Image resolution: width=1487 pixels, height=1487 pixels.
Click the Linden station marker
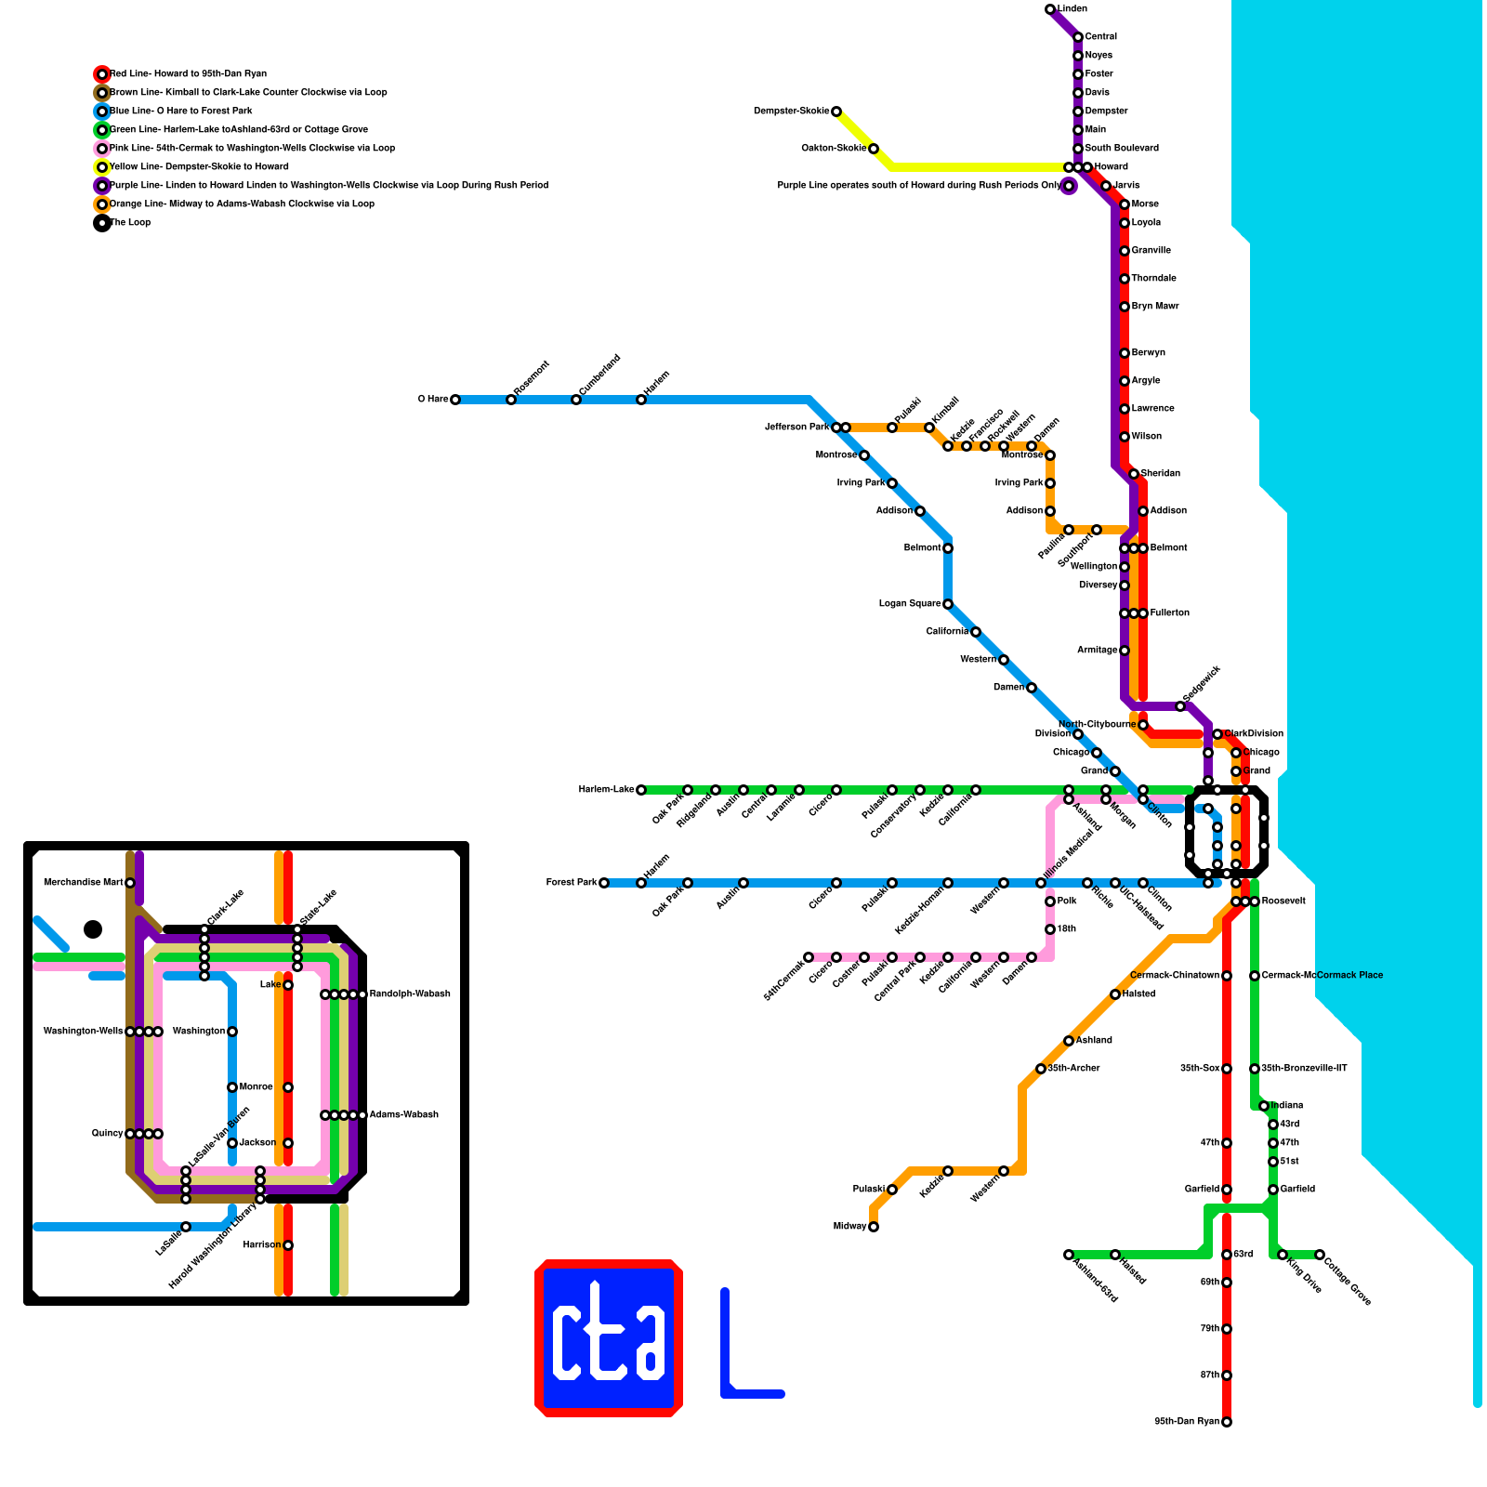point(1050,9)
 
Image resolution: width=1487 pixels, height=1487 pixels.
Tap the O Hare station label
point(433,400)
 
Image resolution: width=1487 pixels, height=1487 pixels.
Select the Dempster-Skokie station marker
point(836,112)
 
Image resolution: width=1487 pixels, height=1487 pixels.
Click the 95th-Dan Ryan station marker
point(1227,1422)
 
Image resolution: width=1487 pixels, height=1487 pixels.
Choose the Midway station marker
point(874,1227)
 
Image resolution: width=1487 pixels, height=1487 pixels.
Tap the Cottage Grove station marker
point(1320,1255)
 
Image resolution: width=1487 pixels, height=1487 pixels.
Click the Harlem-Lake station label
point(606,790)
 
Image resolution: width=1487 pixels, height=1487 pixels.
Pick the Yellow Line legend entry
point(199,167)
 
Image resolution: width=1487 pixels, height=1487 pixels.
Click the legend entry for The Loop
point(130,223)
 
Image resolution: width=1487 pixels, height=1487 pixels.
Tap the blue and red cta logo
point(609,1338)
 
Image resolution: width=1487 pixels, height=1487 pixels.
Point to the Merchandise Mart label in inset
point(83,883)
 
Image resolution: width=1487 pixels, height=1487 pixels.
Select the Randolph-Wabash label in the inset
point(410,994)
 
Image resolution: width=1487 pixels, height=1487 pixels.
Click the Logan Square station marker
point(948,604)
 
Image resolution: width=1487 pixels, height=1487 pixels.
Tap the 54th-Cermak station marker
point(809,957)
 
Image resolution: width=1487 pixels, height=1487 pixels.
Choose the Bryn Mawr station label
point(1155,307)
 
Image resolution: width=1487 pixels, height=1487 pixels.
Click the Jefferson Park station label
point(796,428)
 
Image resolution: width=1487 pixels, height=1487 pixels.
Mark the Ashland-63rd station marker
point(1069,1255)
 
